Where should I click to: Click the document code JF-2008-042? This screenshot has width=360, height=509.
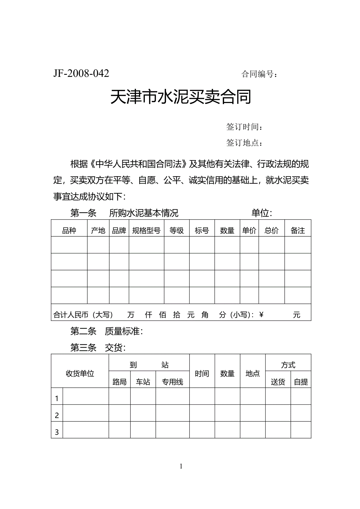click(81, 73)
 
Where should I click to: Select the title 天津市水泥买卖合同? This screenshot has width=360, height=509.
click(181, 97)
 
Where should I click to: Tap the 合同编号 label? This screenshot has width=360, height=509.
click(259, 74)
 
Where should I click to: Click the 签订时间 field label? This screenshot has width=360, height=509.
click(244, 127)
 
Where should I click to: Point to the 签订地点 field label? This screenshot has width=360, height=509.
click(244, 143)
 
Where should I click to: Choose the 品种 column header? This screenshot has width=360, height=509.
click(69, 231)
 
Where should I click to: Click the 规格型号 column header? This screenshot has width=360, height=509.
click(146, 231)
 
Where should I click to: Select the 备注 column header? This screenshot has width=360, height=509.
click(298, 231)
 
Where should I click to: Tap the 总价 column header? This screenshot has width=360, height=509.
click(271, 231)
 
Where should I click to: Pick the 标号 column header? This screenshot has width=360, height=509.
click(202, 231)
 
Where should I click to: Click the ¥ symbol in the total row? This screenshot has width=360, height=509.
click(261, 315)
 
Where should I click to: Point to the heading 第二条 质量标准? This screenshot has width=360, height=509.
click(107, 331)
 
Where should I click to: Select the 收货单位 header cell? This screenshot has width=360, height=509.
click(80, 374)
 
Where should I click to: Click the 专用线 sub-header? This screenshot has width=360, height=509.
click(172, 382)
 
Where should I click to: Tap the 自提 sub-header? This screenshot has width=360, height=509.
click(301, 382)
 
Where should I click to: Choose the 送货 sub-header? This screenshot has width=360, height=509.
click(278, 382)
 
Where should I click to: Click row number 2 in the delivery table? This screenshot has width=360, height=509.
click(57, 415)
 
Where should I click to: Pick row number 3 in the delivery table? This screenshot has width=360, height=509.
click(57, 432)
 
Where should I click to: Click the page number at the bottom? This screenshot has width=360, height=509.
click(181, 466)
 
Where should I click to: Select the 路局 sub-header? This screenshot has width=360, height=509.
click(119, 382)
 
